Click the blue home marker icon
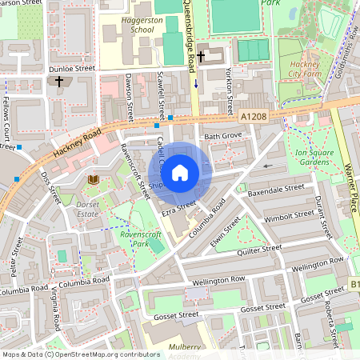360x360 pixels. [x=180, y=172]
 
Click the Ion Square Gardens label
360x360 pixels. [x=311, y=157]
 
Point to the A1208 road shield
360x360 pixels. [x=254, y=117]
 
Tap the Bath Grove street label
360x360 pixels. [x=222, y=138]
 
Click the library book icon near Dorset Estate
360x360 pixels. [x=93, y=180]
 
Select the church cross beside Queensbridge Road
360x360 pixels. [x=202, y=57]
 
